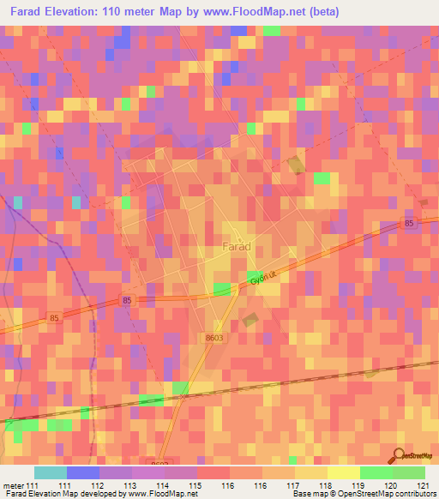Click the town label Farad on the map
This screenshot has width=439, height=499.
[237, 247]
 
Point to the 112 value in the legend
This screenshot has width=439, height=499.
[98, 486]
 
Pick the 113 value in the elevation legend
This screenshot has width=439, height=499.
[132, 486]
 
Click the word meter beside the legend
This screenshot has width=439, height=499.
[13, 486]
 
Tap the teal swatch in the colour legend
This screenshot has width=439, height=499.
[50, 472]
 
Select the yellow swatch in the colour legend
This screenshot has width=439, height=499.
[343, 472]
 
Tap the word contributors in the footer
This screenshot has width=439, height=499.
[416, 495]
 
